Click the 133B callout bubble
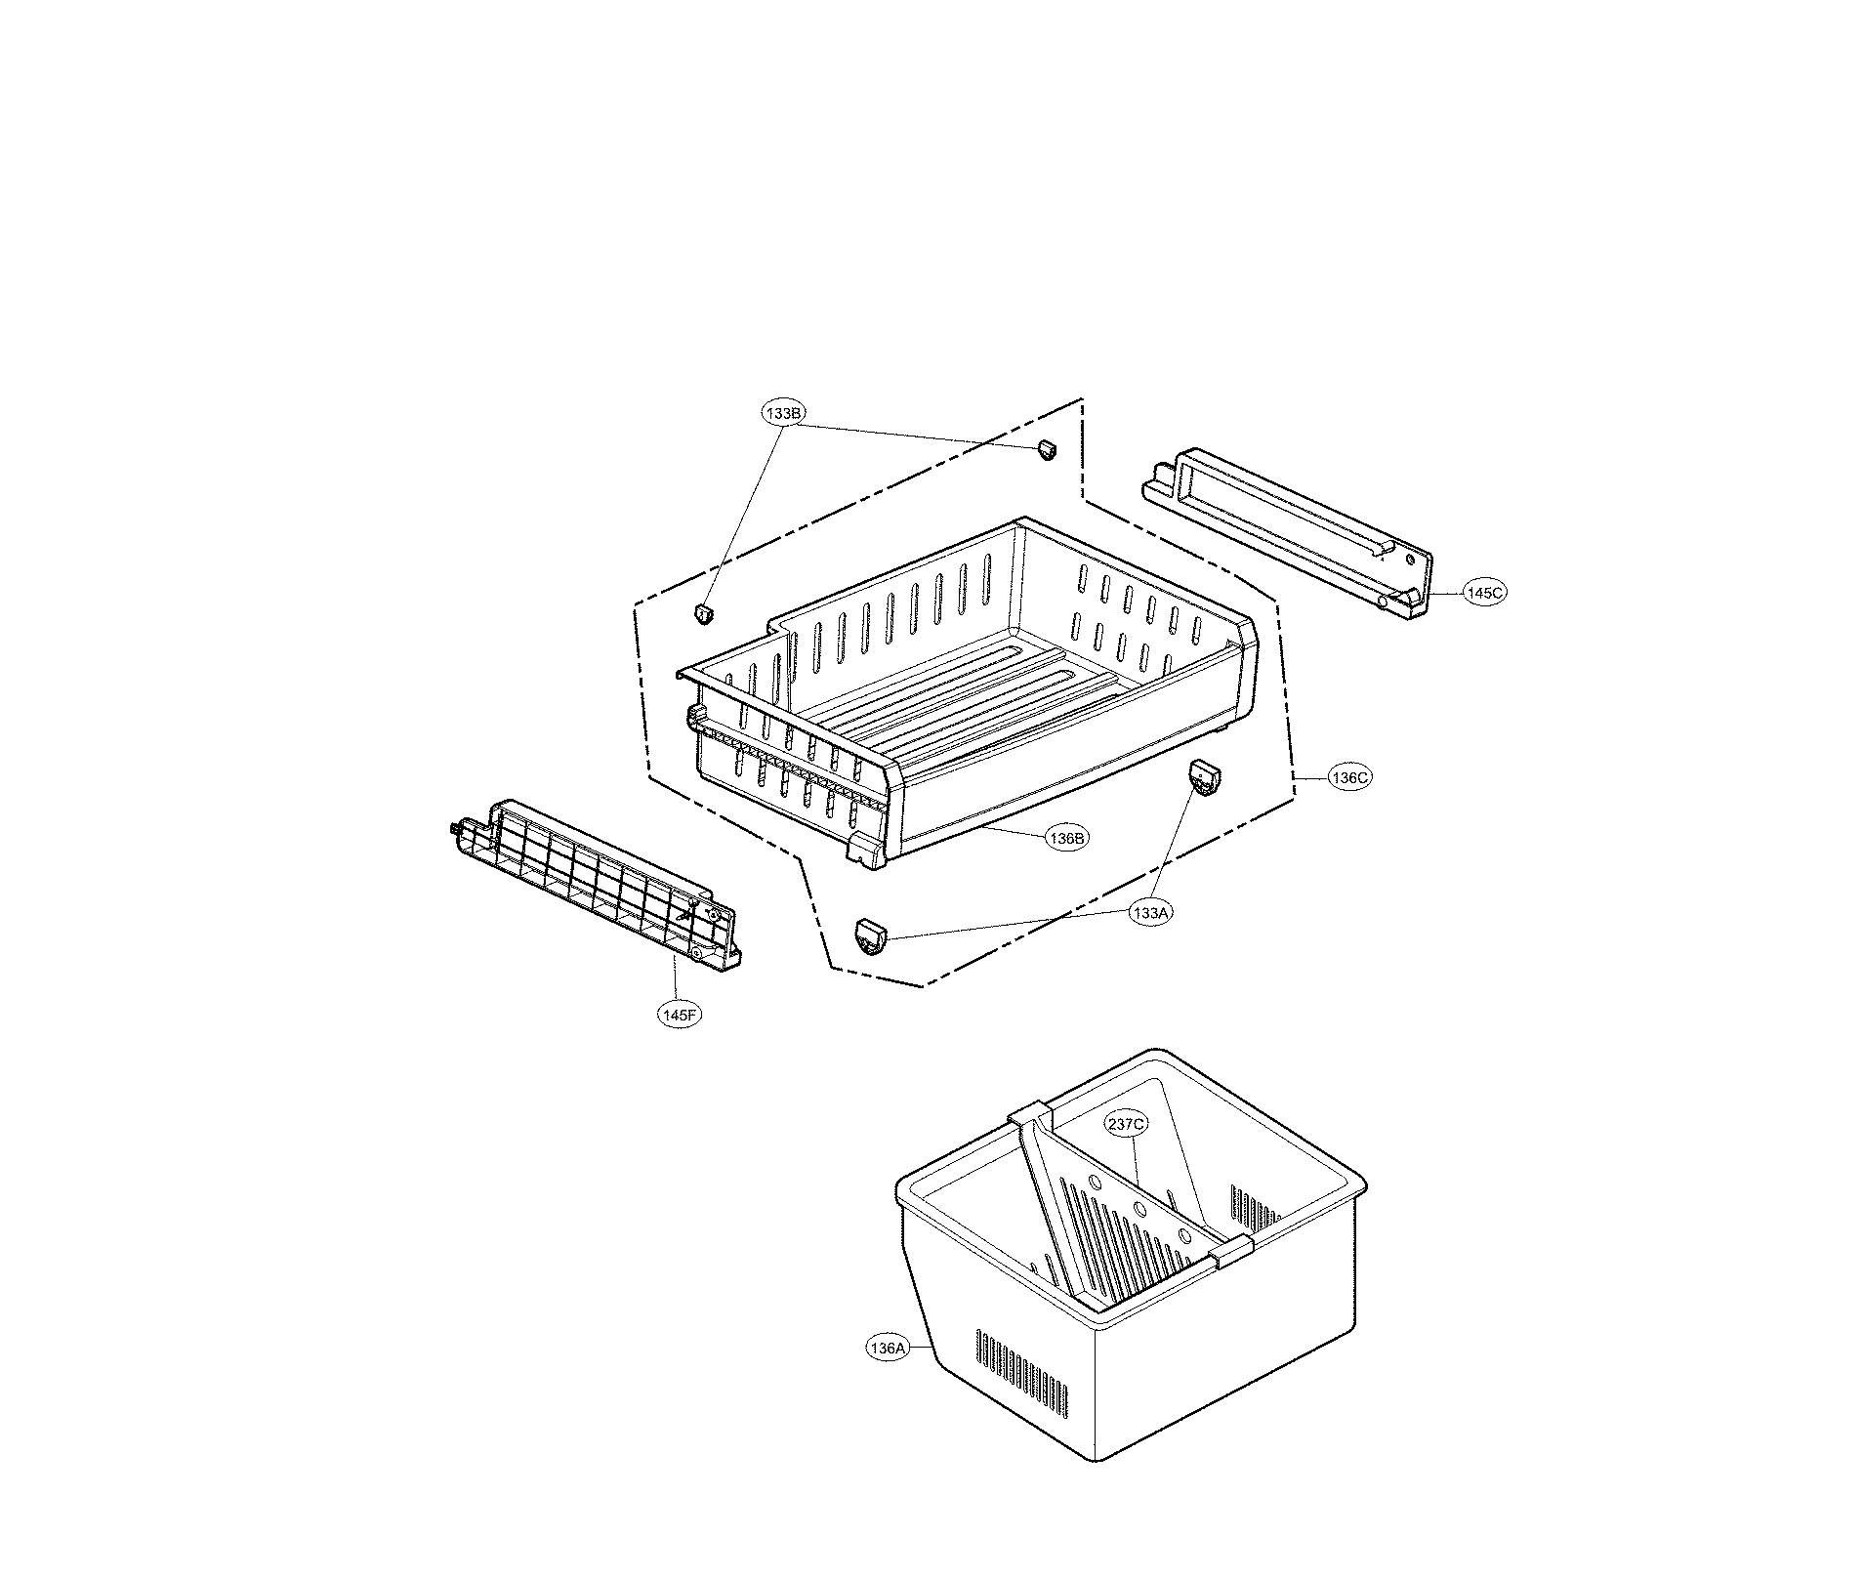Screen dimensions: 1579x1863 tap(783, 413)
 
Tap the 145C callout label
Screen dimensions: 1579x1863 tap(1483, 591)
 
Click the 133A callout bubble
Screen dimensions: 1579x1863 tap(1149, 912)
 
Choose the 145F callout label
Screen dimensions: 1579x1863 tap(679, 1015)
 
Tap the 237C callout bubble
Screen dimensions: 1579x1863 tap(1126, 1124)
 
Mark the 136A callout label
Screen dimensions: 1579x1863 tap(888, 1349)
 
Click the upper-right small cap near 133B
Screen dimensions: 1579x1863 tap(1047, 449)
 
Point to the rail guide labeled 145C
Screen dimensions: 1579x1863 tap(1289, 528)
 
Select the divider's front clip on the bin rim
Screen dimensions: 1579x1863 tap(1230, 1250)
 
